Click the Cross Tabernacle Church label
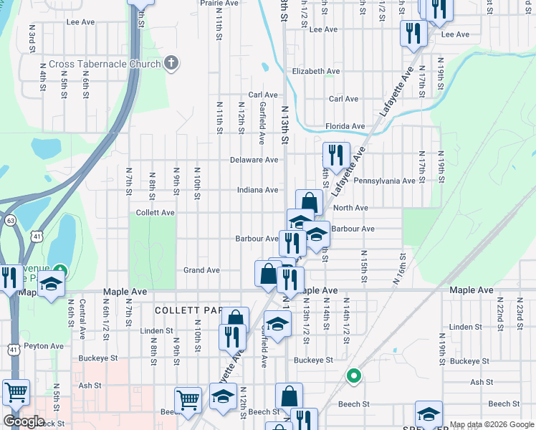click(105, 64)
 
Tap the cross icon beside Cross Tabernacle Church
click(170, 63)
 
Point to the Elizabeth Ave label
click(316, 72)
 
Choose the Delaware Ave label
click(254, 160)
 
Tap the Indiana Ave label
click(258, 190)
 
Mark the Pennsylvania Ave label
click(385, 181)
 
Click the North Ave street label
click(350, 208)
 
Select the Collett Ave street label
click(155, 213)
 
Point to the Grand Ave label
click(201, 270)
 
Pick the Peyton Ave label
click(44, 345)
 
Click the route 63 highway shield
click(10, 221)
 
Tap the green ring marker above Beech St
click(353, 376)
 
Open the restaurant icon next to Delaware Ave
click(336, 154)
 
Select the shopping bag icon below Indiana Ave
click(309, 203)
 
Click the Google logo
click(24, 421)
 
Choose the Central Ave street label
click(82, 319)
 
